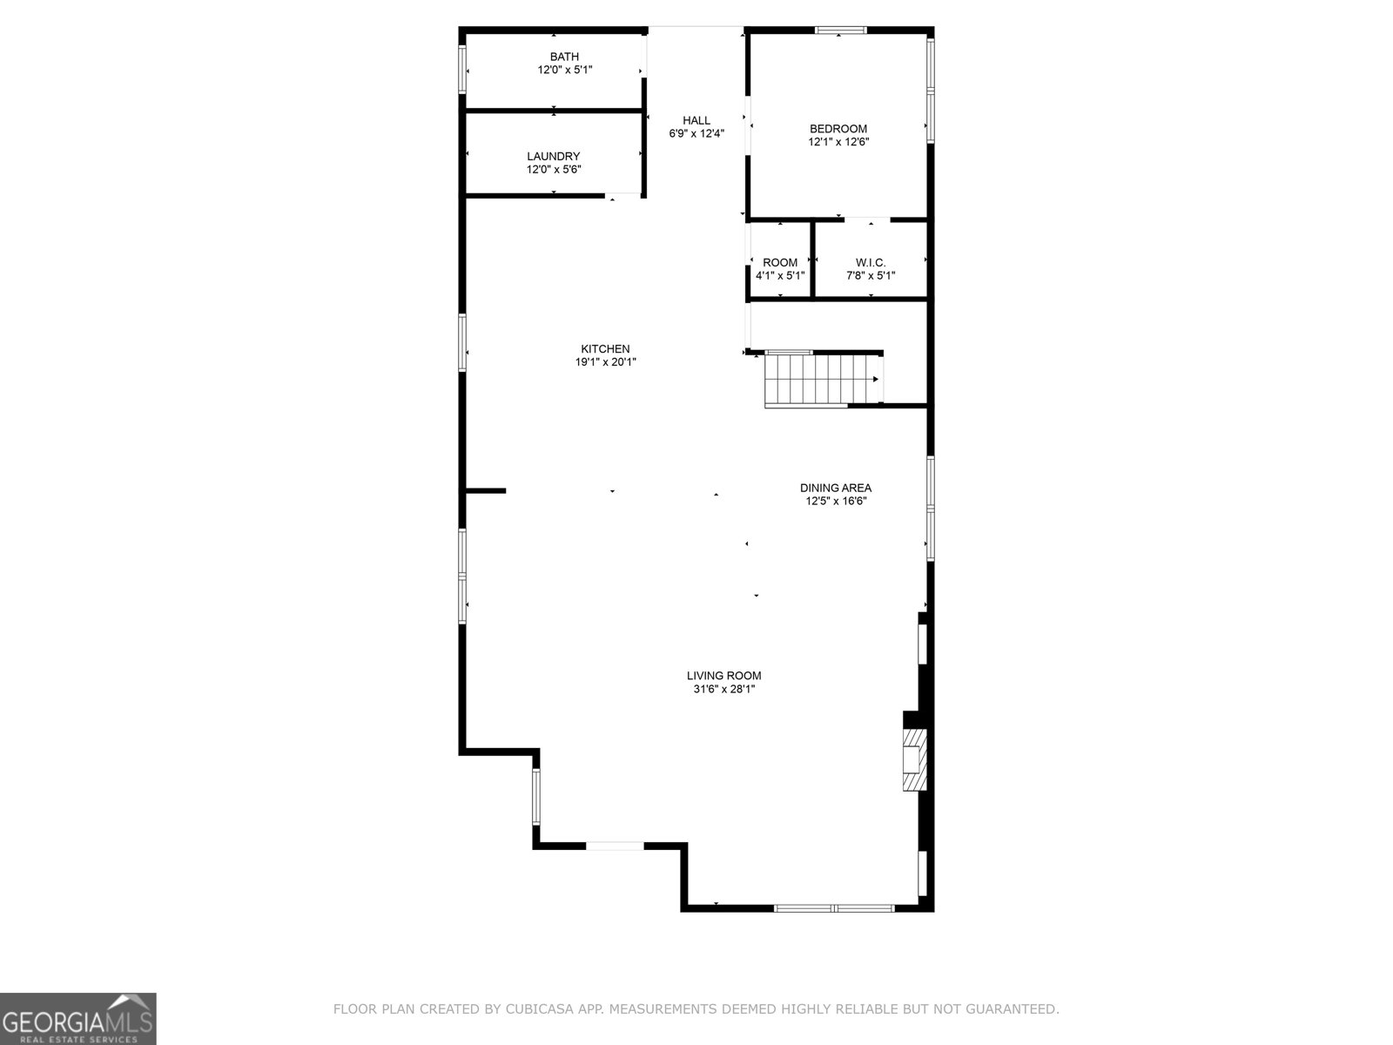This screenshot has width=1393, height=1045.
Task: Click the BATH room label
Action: [564, 57]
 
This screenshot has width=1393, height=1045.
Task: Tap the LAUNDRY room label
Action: [553, 157]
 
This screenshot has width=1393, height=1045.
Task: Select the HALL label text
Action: [696, 120]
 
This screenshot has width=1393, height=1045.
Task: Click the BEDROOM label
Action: [838, 129]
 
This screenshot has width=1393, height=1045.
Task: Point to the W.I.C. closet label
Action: [871, 262]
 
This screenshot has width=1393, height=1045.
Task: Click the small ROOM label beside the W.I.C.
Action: [780, 262]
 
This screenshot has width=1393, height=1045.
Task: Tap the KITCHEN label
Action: [605, 349]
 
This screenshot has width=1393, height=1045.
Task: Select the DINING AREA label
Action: [836, 488]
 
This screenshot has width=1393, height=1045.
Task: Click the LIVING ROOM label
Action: [723, 676]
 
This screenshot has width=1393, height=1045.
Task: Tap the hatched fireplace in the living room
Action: [913, 760]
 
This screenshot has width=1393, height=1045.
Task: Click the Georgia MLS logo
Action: [77, 1018]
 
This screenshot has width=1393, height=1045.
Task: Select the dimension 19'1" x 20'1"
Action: [605, 362]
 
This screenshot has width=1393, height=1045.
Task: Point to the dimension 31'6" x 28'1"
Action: [723, 689]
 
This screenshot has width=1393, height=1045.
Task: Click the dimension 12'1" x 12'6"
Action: [838, 142]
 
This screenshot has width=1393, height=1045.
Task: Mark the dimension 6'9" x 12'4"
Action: [696, 133]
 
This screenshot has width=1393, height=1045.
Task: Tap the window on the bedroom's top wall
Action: [840, 30]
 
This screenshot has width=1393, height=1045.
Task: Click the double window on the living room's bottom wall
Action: [834, 907]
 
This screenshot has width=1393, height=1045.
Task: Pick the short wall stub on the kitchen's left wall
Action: [486, 491]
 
